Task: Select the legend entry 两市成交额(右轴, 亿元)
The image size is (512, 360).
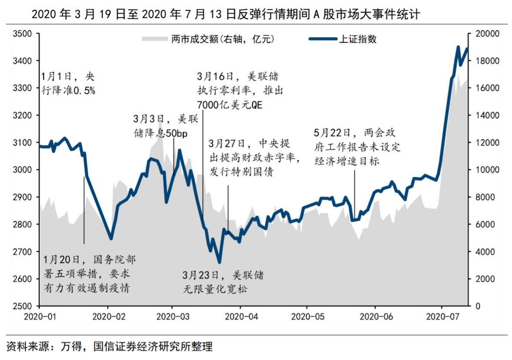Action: pos(222,39)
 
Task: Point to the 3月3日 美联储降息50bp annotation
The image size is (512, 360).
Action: pos(161,126)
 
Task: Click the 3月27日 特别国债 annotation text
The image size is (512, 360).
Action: pos(254,157)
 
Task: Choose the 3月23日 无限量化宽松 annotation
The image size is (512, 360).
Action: pos(223,282)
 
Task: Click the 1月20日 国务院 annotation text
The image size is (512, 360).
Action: pos(88,274)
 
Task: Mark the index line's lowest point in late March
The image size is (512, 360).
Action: pos(219,262)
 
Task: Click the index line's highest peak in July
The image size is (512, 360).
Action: pos(458,47)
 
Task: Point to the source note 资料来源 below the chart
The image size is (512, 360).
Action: pos(109,347)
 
